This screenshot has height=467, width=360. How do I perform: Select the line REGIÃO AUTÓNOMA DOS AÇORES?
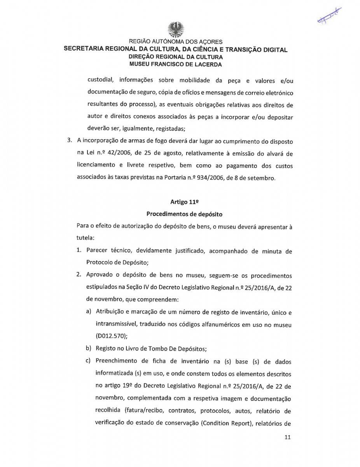(x=175, y=42)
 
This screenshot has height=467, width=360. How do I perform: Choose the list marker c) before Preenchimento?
(x=89, y=362)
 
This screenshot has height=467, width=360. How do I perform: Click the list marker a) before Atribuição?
(x=89, y=312)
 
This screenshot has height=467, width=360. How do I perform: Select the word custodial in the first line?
(x=100, y=81)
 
